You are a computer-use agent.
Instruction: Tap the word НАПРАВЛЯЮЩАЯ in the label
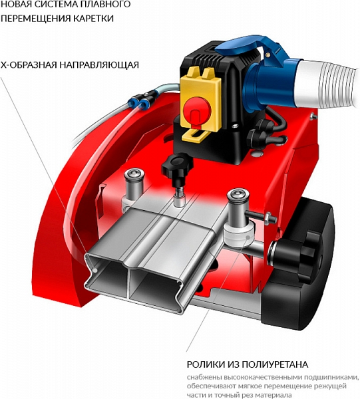(99, 65)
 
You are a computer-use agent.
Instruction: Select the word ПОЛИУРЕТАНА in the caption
(275, 364)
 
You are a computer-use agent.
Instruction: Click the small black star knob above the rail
(176, 167)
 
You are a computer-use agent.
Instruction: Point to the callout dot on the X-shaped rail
(95, 270)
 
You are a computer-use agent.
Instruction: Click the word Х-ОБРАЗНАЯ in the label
(29, 65)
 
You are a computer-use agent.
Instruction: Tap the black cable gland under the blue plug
(264, 125)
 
